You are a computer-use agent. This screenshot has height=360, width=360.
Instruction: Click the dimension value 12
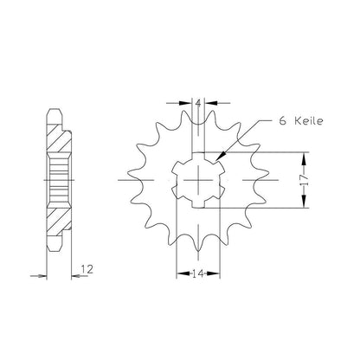(x=87, y=269)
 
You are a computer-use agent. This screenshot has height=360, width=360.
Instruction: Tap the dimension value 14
(x=198, y=273)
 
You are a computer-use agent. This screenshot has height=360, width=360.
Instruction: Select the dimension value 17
(x=305, y=180)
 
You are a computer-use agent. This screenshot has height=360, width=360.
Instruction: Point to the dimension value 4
(x=198, y=103)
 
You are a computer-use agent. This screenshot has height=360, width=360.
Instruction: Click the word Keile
(x=309, y=121)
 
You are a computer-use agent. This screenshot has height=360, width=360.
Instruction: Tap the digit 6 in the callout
(x=283, y=121)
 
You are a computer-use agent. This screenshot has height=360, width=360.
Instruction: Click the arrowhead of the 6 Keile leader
(x=220, y=156)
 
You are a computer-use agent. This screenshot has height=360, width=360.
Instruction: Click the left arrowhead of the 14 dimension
(x=183, y=273)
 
